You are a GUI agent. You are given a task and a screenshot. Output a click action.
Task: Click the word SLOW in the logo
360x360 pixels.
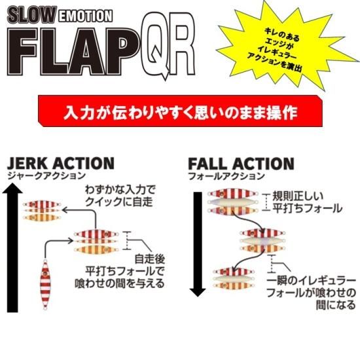pos(32,15)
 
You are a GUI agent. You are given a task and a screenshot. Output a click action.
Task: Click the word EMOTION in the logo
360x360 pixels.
pos(85,16)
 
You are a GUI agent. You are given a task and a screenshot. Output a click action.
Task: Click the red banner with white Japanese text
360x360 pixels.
pos(181,111)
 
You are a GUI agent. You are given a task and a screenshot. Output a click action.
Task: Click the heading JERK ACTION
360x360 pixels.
pos(61,164)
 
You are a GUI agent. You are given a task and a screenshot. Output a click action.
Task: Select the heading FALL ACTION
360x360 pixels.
pos(241,164)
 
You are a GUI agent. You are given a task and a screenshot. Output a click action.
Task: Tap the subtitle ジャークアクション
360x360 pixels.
pos(46,176)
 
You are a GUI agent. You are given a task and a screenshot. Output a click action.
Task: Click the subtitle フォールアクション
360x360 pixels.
pos(226,176)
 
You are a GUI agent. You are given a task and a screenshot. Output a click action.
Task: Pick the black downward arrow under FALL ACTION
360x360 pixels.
pos(198,244)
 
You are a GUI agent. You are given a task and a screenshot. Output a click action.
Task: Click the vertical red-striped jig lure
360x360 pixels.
pos(45,284)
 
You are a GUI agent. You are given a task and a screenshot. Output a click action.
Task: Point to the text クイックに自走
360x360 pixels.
pos(119,202)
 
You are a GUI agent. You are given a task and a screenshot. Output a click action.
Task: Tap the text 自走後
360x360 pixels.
pos(150,259)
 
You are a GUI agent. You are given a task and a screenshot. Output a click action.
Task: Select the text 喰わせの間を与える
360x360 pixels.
pos(120,283)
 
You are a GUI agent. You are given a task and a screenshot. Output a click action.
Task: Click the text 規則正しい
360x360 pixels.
pos(298,196)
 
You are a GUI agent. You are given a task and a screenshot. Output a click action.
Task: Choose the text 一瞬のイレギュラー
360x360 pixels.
pos(312,281)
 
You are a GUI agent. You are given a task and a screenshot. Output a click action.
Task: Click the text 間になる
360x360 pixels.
pos(336,306)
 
